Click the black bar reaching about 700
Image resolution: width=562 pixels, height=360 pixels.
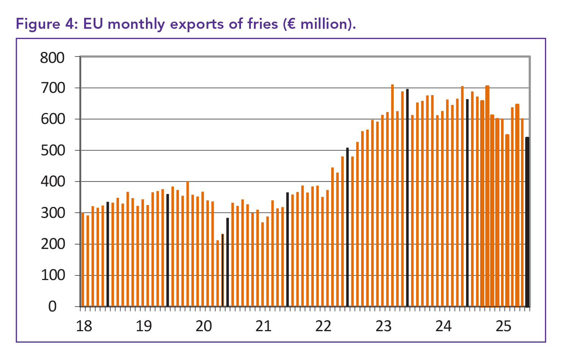tap(407, 197)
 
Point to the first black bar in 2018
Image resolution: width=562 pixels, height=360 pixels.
tap(108, 254)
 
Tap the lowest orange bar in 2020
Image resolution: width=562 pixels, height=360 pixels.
tap(218, 273)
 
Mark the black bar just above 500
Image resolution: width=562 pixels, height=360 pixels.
tap(348, 227)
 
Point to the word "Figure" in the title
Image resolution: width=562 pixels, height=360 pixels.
tap(37, 24)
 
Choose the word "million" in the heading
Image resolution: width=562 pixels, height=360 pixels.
tap(325, 24)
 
